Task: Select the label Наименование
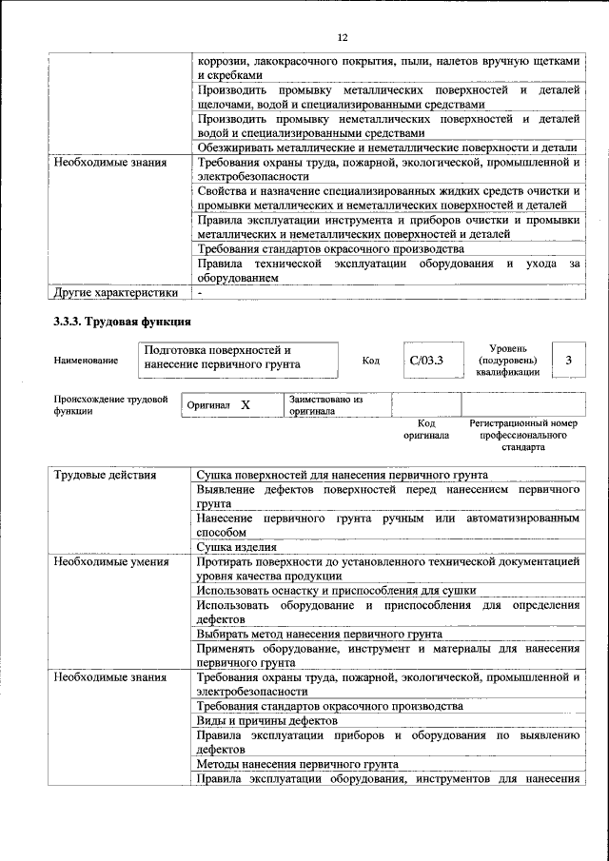point(87,361)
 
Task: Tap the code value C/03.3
point(424,361)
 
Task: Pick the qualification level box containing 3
point(568,361)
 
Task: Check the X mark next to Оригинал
point(245,405)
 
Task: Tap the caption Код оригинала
point(425,429)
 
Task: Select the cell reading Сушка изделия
point(236,547)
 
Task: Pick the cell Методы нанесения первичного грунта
point(297,764)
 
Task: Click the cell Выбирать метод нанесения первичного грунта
point(319,634)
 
